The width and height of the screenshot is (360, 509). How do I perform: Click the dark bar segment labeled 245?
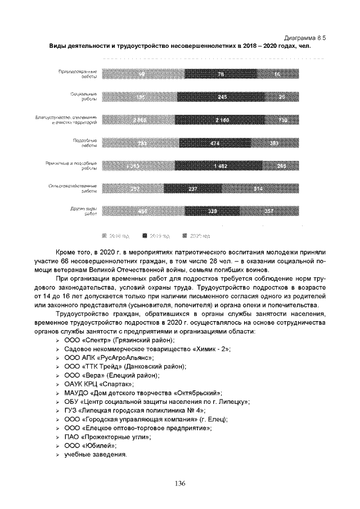[x=221, y=97]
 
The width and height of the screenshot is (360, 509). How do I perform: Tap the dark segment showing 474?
[x=214, y=143]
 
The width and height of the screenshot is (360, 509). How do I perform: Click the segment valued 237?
[x=193, y=190]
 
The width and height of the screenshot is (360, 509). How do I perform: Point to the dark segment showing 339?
[x=213, y=212]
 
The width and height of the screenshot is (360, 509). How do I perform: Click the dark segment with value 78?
[x=220, y=74]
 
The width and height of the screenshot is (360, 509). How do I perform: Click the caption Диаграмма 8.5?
[x=305, y=37]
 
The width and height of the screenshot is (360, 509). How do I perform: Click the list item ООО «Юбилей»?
[x=90, y=445]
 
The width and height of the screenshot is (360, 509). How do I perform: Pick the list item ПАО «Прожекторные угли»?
[x=107, y=436]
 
